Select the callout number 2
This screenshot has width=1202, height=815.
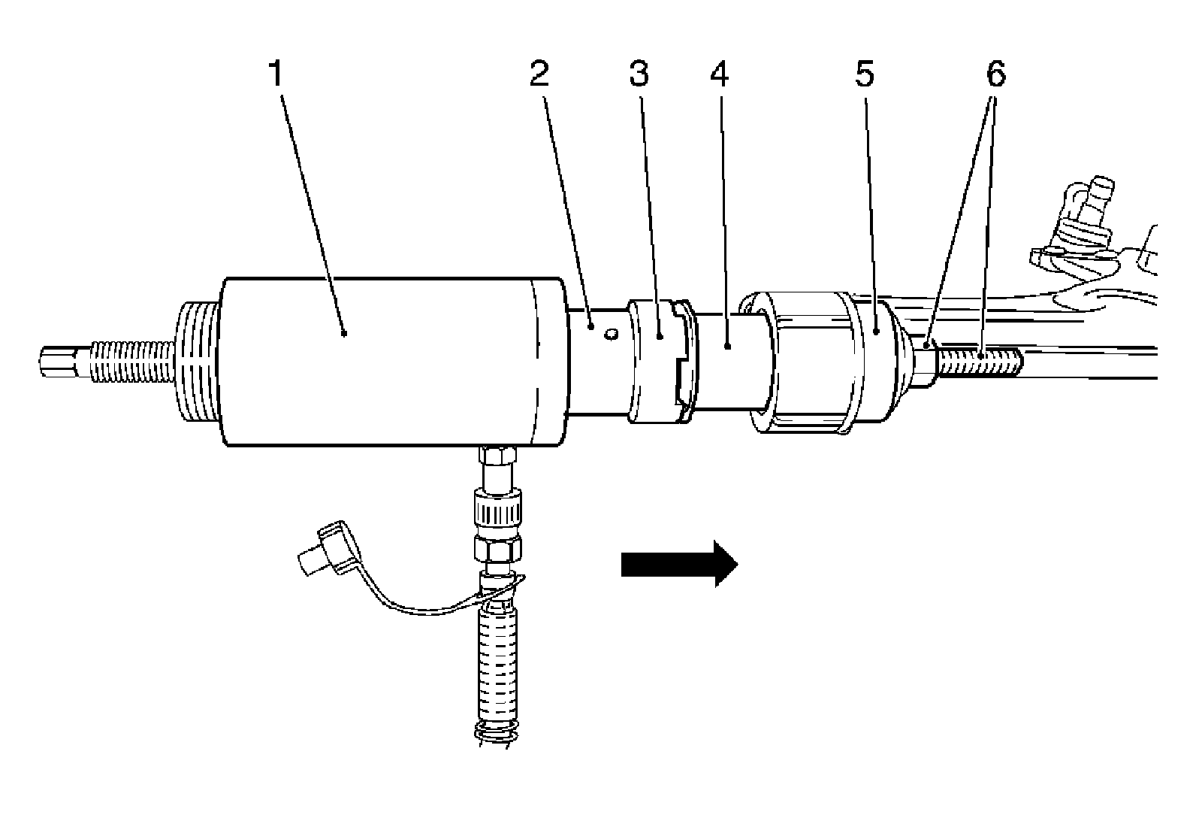[539, 74]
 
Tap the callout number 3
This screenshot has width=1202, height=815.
[639, 74]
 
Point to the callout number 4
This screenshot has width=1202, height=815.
[719, 74]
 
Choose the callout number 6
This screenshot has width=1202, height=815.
[995, 74]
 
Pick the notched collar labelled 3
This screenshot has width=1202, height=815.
[661, 361]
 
